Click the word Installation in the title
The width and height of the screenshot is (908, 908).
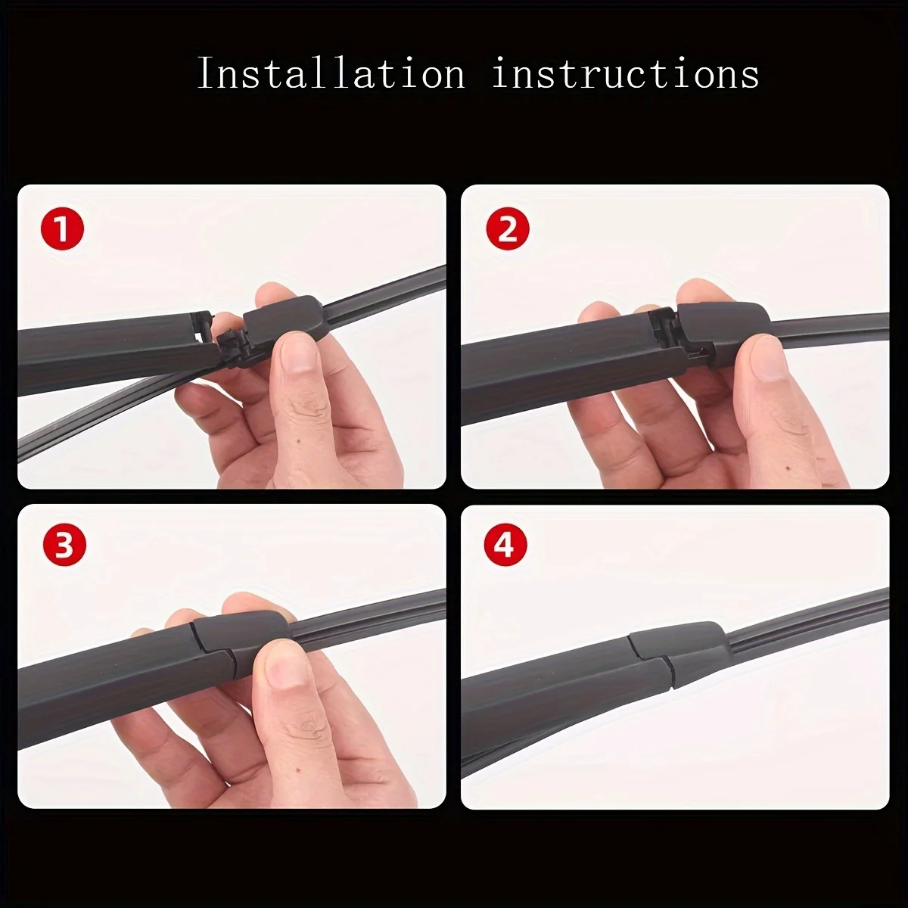[331, 73]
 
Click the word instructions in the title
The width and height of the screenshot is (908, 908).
[625, 73]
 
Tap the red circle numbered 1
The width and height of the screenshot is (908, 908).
[62, 229]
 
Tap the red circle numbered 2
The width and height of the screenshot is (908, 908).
[508, 229]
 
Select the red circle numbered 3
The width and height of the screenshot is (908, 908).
[64, 546]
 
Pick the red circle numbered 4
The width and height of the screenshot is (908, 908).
[505, 546]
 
